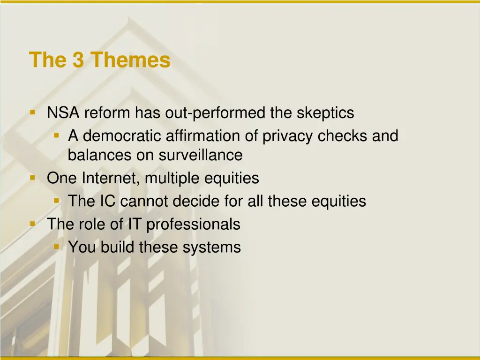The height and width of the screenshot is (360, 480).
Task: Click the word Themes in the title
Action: point(130,60)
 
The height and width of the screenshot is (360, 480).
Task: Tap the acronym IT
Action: point(135,224)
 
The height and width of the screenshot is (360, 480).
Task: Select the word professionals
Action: point(194,225)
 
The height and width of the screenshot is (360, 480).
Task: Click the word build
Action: point(118,247)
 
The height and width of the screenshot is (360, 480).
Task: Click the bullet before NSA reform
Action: point(32,112)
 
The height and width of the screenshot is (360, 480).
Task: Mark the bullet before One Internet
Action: point(32,178)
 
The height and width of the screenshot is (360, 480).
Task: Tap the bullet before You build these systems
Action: point(56,247)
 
